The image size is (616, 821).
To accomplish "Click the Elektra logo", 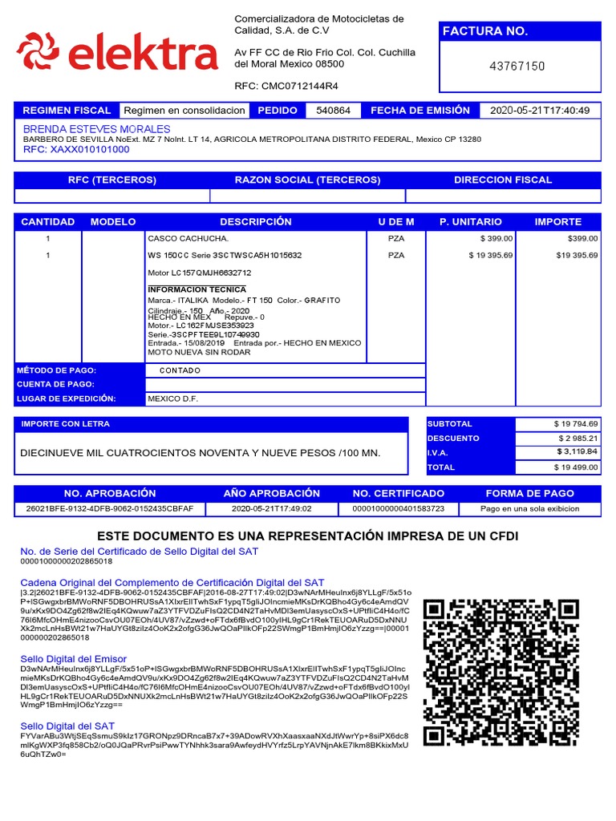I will click(117, 51).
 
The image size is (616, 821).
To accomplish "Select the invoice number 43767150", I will click(517, 66).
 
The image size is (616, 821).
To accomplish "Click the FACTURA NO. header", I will click(484, 31).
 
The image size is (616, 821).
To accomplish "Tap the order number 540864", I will click(333, 111).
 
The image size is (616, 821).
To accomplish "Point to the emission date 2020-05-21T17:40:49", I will click(539, 111).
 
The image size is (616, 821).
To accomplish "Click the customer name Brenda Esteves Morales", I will click(96, 129).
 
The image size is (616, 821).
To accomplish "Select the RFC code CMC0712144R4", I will click(298, 86).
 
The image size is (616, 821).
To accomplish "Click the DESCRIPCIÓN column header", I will click(255, 221).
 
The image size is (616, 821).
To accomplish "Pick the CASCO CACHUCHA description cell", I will click(188, 239).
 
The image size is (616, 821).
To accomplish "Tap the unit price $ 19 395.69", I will click(490, 255).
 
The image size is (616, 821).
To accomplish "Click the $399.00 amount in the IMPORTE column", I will click(582, 239).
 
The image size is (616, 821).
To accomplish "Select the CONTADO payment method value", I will click(180, 370).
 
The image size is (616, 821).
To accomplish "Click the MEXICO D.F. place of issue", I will click(172, 398).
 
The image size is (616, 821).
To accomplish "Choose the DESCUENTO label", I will click(453, 439).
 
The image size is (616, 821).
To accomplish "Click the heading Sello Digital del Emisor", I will click(73, 658).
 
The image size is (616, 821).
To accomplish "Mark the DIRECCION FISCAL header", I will click(503, 180).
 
